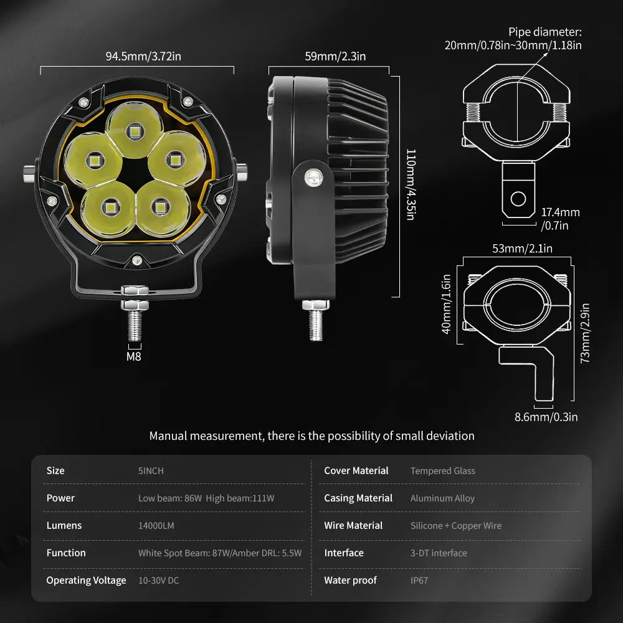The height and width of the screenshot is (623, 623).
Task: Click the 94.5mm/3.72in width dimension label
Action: [x=143, y=57]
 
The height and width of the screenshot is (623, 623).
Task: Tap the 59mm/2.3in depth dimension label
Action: [x=335, y=57]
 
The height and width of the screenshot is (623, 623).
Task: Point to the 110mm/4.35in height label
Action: [x=410, y=184]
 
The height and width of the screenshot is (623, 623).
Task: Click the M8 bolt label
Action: [x=134, y=357]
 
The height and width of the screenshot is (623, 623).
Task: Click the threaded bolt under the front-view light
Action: [x=135, y=326]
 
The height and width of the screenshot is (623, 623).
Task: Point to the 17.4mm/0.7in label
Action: [x=560, y=219]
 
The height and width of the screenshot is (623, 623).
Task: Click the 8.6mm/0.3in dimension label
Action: [x=546, y=417]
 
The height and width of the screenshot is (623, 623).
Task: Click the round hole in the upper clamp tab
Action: [x=518, y=199]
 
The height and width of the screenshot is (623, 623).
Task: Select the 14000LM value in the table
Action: [x=156, y=526]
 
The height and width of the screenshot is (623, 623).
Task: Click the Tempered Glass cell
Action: [x=442, y=471]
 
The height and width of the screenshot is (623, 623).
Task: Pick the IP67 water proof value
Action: [x=419, y=581]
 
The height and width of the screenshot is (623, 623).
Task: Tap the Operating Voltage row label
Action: [x=86, y=581]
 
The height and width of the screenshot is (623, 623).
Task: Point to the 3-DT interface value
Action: [x=439, y=553]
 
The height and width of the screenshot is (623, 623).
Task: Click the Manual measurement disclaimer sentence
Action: [x=311, y=436]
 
